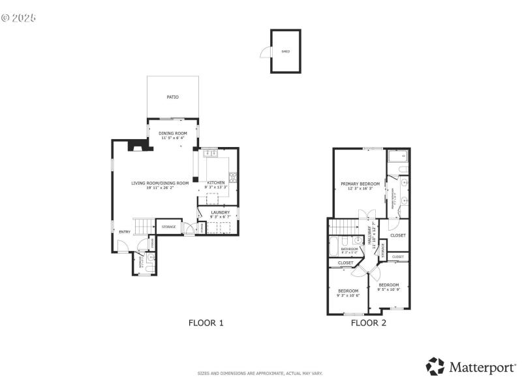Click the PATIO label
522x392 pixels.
[x=172, y=97]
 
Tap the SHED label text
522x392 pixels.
[x=285, y=51]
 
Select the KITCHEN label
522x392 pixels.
[x=216, y=183]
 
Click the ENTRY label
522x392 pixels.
[x=125, y=232]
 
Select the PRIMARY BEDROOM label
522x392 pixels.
[x=360, y=184]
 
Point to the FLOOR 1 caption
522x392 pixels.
[x=206, y=322]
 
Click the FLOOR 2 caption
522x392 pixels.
[x=369, y=322]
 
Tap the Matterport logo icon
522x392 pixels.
[x=435, y=367]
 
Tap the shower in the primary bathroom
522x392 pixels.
[x=397, y=157]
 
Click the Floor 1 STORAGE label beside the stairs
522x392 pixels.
[x=168, y=227]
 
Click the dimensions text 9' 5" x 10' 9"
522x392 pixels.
[x=389, y=289]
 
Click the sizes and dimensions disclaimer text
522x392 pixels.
[x=260, y=374]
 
